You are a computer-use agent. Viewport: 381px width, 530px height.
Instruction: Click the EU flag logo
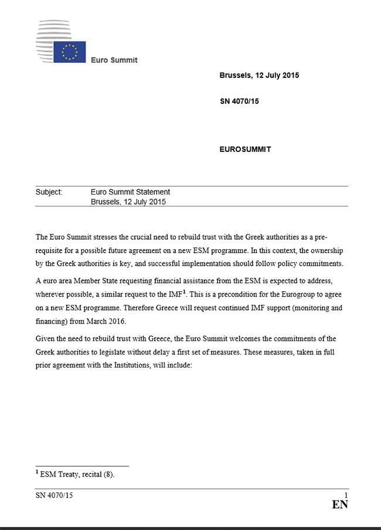(70, 52)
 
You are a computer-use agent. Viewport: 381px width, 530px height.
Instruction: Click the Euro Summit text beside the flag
(114, 60)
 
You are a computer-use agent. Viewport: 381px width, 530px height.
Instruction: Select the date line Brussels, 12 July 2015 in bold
(259, 76)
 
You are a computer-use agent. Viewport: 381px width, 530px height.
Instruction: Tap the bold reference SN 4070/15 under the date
(239, 101)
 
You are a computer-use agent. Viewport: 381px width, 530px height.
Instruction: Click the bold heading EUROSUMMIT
(245, 149)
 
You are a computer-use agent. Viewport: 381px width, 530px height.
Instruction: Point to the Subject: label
(49, 192)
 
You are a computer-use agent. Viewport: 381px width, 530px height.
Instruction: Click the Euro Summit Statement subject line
(130, 192)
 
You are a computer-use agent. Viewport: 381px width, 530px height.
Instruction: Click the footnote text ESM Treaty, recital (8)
(77, 474)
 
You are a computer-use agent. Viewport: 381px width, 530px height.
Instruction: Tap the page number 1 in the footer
(346, 495)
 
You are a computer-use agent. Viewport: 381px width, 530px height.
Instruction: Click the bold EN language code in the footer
(340, 505)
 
